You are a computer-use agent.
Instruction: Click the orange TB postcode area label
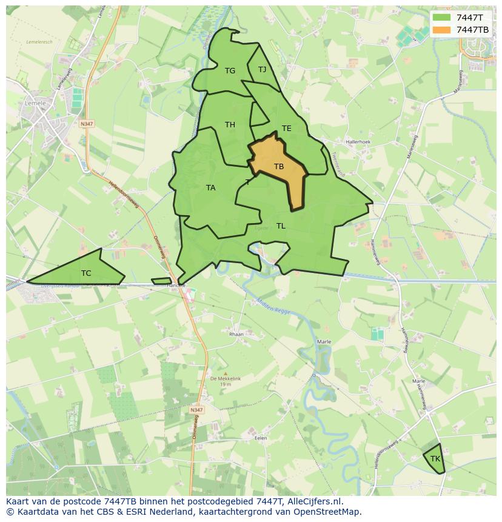[279, 167]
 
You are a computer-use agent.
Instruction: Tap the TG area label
[230, 71]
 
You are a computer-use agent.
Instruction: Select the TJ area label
[263, 70]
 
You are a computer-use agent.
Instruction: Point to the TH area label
[230, 125]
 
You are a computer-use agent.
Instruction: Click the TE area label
[287, 129]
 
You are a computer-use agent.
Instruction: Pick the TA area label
[210, 188]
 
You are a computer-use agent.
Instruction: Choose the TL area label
[281, 226]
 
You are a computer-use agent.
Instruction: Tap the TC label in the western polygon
[86, 273]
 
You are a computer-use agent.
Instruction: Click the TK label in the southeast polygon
[435, 459]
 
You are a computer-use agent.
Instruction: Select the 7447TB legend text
[472, 30]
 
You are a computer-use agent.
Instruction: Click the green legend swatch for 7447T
[442, 18]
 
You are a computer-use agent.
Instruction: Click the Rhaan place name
[236, 334]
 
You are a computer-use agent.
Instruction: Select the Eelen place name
[261, 437]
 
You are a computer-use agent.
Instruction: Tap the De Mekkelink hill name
[226, 378]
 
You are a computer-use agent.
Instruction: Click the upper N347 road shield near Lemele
[87, 124]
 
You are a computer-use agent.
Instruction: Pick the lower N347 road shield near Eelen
[196, 410]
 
